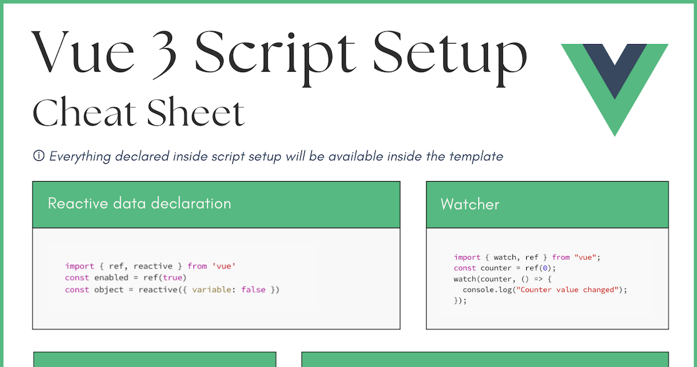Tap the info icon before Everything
click(39, 156)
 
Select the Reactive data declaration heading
click(139, 203)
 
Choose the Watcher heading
click(470, 204)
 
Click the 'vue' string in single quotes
click(224, 266)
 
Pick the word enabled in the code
click(111, 278)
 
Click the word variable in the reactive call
click(211, 289)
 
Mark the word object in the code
click(109, 289)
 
